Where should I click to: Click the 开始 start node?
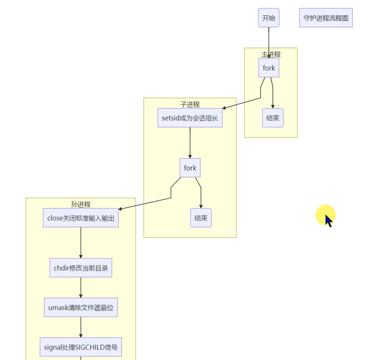pyautogui.click(x=269, y=18)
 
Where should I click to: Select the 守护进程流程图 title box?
pyautogui.click(x=326, y=18)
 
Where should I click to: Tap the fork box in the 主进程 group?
pyautogui.click(x=269, y=68)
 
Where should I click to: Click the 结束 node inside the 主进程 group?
pyautogui.click(x=273, y=118)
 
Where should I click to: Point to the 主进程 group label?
pyautogui.click(x=271, y=54)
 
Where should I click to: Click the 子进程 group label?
pyautogui.click(x=190, y=104)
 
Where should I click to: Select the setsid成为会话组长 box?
pyautogui.click(x=190, y=118)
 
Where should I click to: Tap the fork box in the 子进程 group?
pyautogui.click(x=190, y=168)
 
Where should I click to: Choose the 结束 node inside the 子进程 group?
pyautogui.click(x=201, y=218)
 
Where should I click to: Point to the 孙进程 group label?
pyautogui.click(x=81, y=204)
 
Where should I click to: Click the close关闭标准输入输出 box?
pyautogui.click(x=81, y=218)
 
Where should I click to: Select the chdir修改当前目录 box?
pyautogui.click(x=81, y=268)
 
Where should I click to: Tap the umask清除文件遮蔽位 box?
pyautogui.click(x=81, y=307)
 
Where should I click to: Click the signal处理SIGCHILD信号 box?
pyautogui.click(x=81, y=347)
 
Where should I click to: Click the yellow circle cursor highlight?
pyautogui.click(x=325, y=215)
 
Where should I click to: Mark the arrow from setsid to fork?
pyautogui.click(x=190, y=142)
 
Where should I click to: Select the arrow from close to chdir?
pyautogui.click(x=81, y=243)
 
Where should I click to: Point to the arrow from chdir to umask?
pyautogui.click(x=81, y=287)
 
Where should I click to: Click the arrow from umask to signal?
pyautogui.click(x=81, y=327)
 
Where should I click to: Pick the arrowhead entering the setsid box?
pyautogui.click(x=224, y=108)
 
